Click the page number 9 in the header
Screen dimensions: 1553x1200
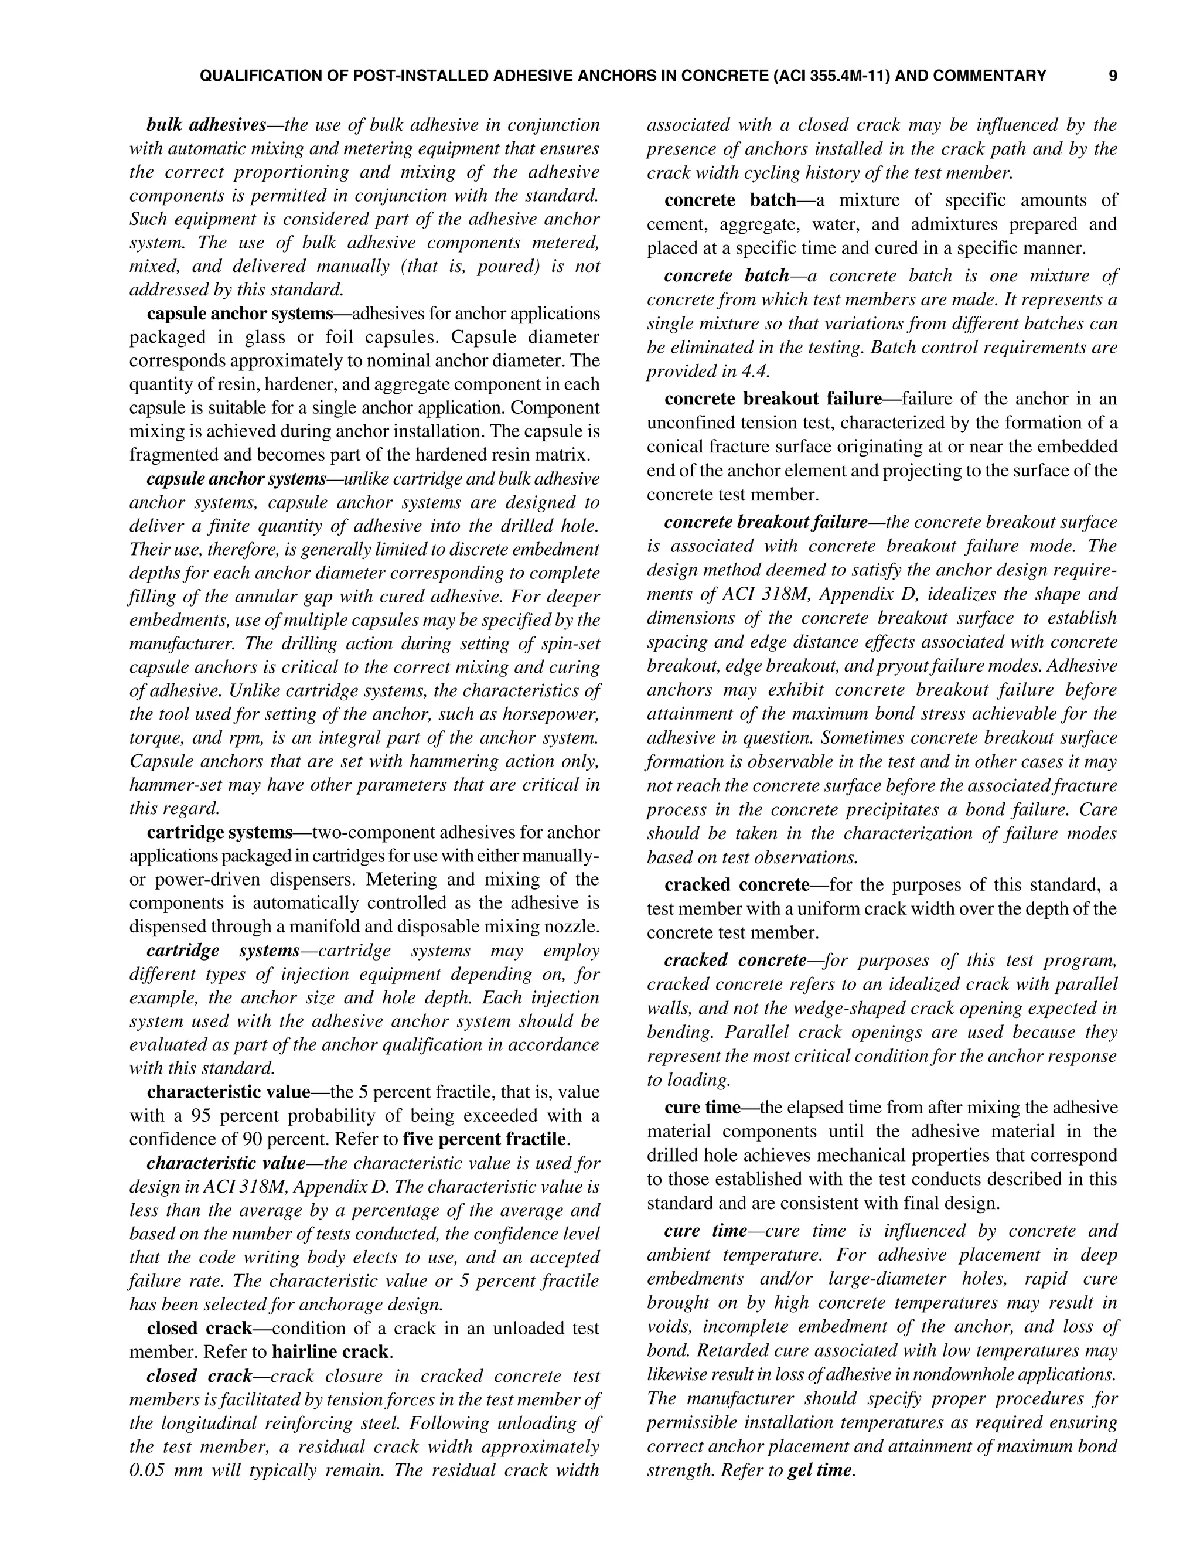click(1113, 76)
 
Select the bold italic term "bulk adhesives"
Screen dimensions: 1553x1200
click(206, 125)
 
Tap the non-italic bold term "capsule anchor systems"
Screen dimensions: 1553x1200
click(240, 314)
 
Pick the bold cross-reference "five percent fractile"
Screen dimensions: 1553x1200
click(484, 1139)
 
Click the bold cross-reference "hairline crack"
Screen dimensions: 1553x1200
click(330, 1352)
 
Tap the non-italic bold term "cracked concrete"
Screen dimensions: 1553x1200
click(737, 886)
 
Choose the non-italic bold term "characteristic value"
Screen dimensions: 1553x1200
click(228, 1092)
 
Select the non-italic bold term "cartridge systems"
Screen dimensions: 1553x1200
click(220, 832)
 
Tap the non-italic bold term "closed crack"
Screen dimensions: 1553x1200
click(199, 1329)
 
